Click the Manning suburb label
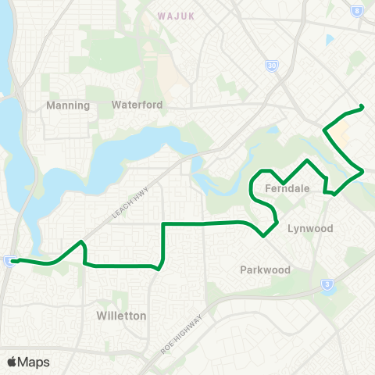[x=68, y=105]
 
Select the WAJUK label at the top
[x=175, y=15]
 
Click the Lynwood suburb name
[x=310, y=229]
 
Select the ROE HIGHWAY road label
[x=180, y=335]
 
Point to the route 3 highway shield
[x=327, y=285]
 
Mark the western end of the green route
[x=14, y=262]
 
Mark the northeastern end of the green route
[x=362, y=106]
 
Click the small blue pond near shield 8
[x=330, y=39]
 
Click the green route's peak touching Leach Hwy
[x=81, y=242]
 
